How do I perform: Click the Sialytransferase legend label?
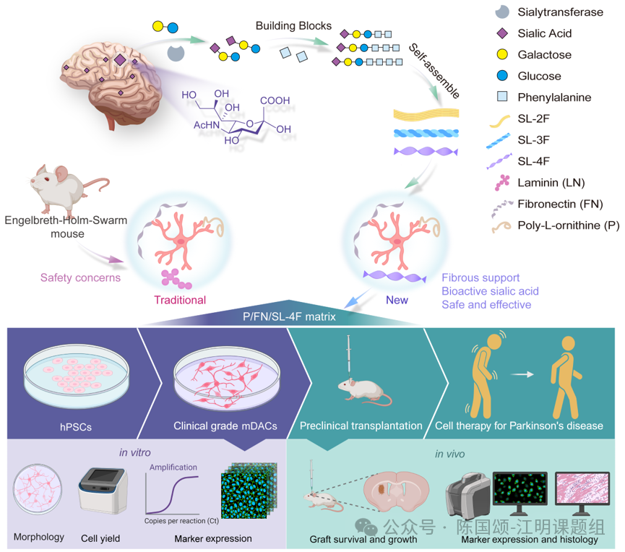point(560,12)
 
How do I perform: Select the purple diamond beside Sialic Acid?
point(502,33)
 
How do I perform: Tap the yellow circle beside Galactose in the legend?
point(502,55)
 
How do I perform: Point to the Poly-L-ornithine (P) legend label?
point(569,225)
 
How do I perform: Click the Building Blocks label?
point(293,26)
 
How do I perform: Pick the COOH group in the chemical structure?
point(275,100)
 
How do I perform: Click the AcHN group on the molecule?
point(207,125)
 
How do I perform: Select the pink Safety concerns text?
point(80,277)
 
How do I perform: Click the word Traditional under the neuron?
point(180,300)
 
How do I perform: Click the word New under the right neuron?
point(397,300)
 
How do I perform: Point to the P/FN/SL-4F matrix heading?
point(289,317)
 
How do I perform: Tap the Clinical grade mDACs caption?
point(225,426)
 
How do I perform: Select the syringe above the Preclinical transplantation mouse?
point(349,357)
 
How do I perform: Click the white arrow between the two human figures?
point(522,374)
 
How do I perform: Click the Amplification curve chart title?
point(173,467)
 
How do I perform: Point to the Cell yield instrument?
point(103,490)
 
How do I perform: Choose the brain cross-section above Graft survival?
point(396,491)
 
